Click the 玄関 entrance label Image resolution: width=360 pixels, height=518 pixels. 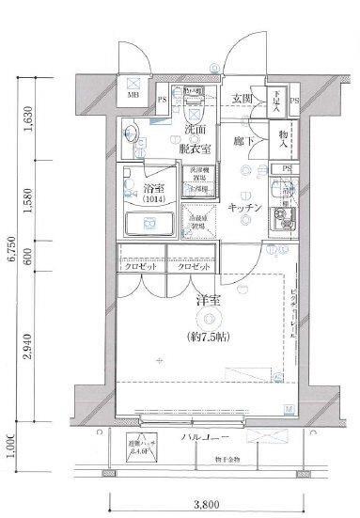[242, 99]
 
